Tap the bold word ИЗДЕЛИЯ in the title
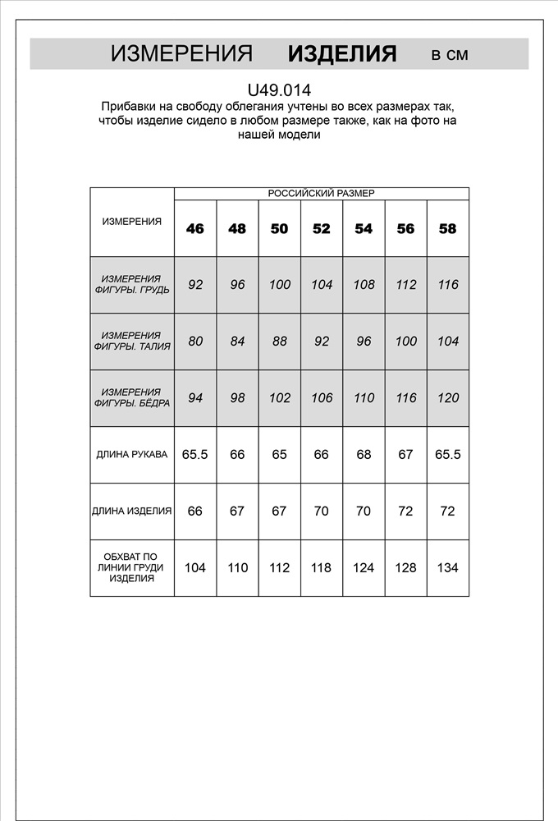[x=342, y=54]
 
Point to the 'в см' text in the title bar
[x=450, y=55]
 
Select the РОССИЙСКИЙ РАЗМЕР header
[x=321, y=194]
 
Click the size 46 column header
[x=195, y=229]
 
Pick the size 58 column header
[x=447, y=229]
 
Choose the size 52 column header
[x=322, y=229]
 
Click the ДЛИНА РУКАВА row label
[x=132, y=454]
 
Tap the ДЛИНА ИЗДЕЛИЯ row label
[x=132, y=511]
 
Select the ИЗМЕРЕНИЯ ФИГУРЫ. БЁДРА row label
[x=132, y=398]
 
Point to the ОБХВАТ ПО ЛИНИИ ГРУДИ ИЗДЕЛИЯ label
[x=132, y=567]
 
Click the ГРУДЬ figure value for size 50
[x=280, y=285]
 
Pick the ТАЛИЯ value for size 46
[x=195, y=342]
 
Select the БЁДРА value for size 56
[x=405, y=398]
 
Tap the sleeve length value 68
[x=364, y=454]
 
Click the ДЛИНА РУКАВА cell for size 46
[x=195, y=454]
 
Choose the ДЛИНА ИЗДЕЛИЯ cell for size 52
[x=322, y=511]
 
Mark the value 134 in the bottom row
[x=448, y=567]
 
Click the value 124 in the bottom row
[x=364, y=567]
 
